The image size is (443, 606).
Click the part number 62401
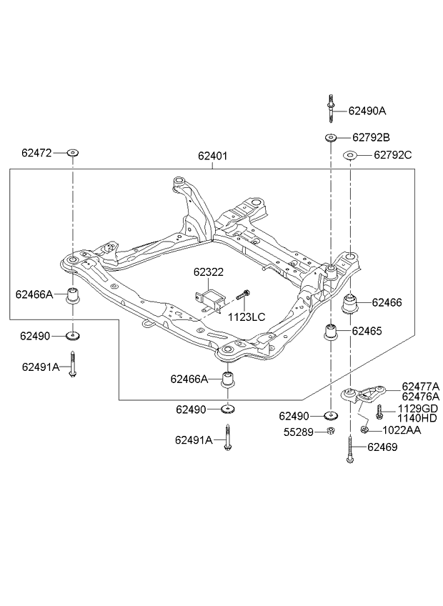tap(213, 156)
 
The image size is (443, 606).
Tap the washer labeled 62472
tap(72, 153)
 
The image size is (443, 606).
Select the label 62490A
tap(367, 111)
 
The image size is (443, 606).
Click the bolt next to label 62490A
tap(331, 109)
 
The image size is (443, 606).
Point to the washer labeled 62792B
tap(331, 137)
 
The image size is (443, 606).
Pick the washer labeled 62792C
tap(350, 155)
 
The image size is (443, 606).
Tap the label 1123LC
tap(247, 317)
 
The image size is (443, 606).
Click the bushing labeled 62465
tap(331, 332)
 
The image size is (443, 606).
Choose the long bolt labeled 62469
tap(350, 448)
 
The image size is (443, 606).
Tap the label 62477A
tap(421, 387)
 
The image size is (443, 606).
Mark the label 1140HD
tap(417, 417)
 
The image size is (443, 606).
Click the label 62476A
tap(421, 397)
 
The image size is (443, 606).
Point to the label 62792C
tap(393, 155)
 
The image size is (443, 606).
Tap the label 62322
tap(209, 272)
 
